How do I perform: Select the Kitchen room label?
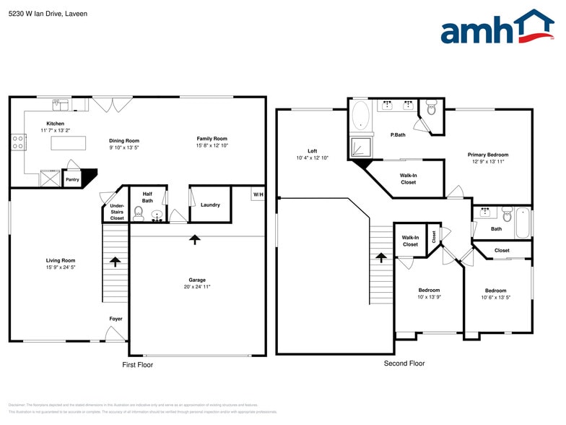click(x=55, y=124)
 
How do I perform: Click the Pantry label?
click(x=72, y=179)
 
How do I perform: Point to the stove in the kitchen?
click(x=18, y=142)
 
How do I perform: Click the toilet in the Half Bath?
click(x=140, y=215)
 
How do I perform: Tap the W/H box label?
click(x=258, y=194)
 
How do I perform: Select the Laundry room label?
click(x=210, y=205)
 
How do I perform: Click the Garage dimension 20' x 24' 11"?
click(x=197, y=287)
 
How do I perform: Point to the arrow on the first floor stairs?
click(x=115, y=261)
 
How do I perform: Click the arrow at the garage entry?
click(x=194, y=239)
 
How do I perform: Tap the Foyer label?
click(x=116, y=319)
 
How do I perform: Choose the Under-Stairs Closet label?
click(x=117, y=212)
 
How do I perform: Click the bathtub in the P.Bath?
click(x=361, y=116)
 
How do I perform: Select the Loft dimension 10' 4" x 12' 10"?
click(x=312, y=158)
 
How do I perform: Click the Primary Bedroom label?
click(x=487, y=155)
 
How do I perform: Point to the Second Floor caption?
click(x=404, y=364)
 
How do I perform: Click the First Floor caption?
click(x=137, y=365)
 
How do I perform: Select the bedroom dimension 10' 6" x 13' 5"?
click(x=495, y=297)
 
